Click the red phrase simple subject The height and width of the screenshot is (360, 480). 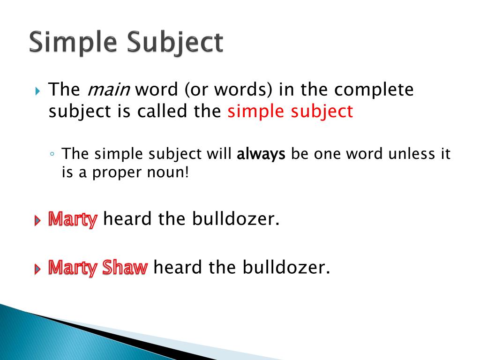[x=290, y=112]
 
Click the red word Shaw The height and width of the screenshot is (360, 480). [x=125, y=268]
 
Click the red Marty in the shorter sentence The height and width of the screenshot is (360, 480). [x=73, y=219]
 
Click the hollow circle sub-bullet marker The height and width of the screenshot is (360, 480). [x=54, y=155]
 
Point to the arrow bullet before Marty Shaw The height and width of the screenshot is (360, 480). [x=38, y=270]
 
